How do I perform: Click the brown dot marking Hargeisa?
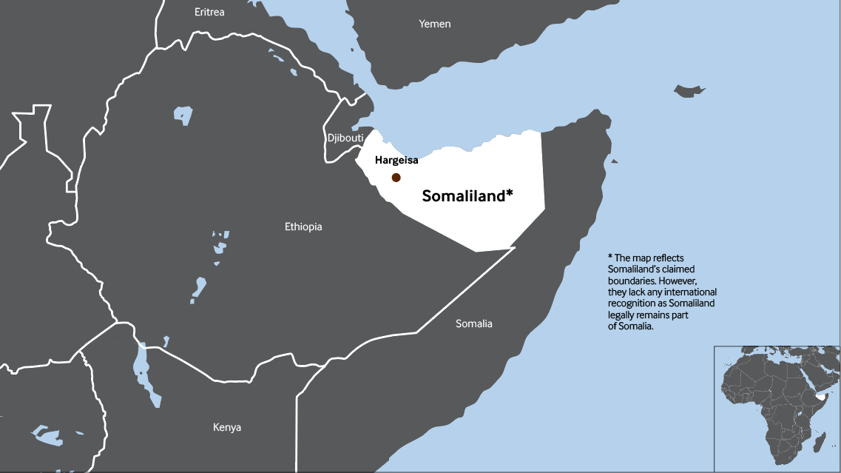396,178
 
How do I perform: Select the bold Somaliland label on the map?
462,196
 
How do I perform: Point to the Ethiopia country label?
303,227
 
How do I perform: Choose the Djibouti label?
345,138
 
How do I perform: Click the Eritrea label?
209,12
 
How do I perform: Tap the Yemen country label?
434,24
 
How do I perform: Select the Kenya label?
226,427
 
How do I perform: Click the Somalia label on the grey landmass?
473,323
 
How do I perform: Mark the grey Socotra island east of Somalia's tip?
689,90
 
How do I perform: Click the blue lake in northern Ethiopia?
183,115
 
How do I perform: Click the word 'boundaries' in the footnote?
630,281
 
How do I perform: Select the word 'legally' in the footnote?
622,315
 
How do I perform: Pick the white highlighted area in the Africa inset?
820,397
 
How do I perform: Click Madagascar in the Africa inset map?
820,442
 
